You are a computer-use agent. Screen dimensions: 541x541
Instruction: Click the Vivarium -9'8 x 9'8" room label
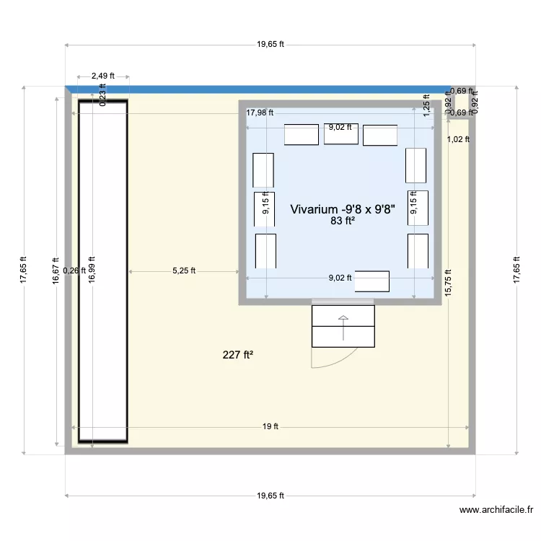pyautogui.click(x=343, y=209)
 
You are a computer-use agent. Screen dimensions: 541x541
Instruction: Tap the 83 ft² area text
pyautogui.click(x=343, y=221)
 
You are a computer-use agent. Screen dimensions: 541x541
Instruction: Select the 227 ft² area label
pyautogui.click(x=238, y=354)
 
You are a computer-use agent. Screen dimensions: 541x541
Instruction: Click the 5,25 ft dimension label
pyautogui.click(x=184, y=271)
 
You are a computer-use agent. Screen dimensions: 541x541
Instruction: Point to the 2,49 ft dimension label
pyautogui.click(x=103, y=76)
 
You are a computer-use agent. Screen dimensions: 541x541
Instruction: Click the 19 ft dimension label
pyautogui.click(x=270, y=426)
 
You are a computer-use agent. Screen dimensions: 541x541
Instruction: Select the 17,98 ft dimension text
pyautogui.click(x=260, y=113)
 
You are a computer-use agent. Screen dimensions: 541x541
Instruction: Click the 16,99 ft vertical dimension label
pyautogui.click(x=92, y=270)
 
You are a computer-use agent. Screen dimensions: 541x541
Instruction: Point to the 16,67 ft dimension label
pyautogui.click(x=56, y=270)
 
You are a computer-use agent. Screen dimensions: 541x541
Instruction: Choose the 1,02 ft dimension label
pyautogui.click(x=458, y=139)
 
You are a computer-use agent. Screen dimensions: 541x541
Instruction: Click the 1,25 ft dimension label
pyautogui.click(x=426, y=106)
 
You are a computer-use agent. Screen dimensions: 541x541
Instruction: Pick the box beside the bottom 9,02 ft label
pyautogui.click(x=372, y=281)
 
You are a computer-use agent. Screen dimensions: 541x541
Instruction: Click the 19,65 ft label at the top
pyautogui.click(x=270, y=44)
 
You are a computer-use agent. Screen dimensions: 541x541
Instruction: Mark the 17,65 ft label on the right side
pyautogui.click(x=516, y=270)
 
